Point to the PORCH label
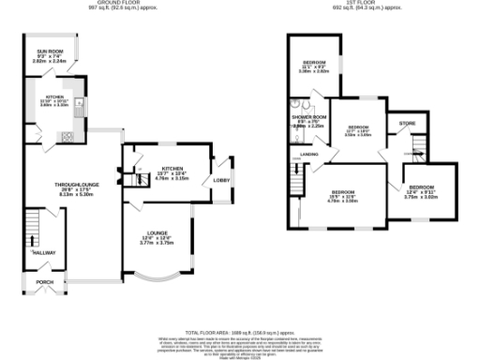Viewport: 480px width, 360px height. [x=44, y=280]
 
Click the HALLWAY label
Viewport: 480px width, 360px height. [x=44, y=252]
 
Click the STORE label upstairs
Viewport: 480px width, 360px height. [x=407, y=123]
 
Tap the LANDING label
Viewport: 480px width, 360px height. [x=308, y=154]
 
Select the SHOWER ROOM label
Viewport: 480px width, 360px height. [x=306, y=119]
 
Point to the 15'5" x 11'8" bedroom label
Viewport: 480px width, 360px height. [x=343, y=195]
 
